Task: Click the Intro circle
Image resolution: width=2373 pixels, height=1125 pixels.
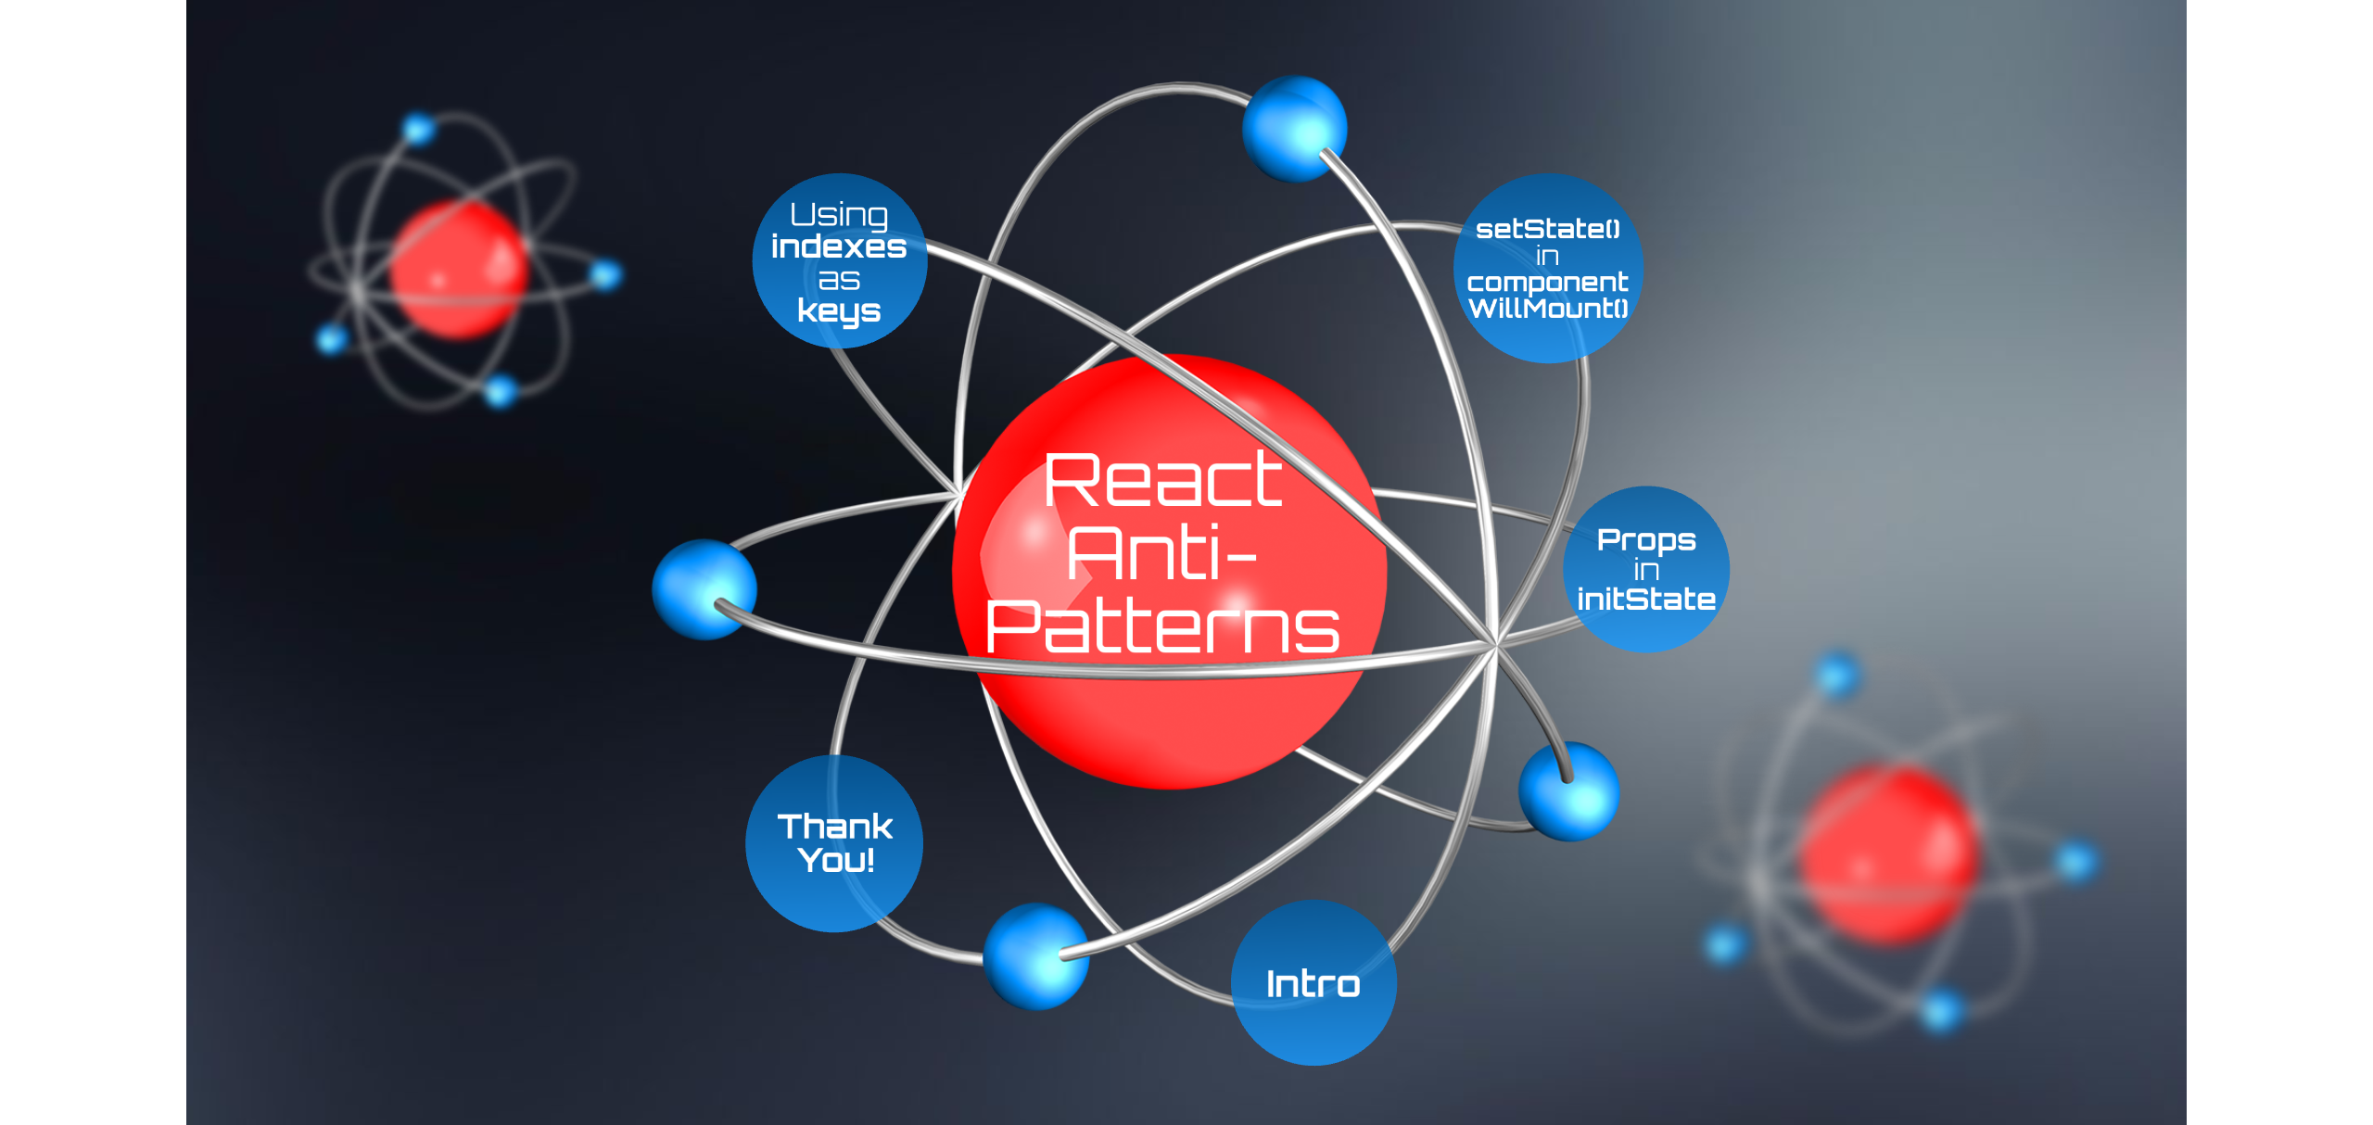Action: tap(1313, 983)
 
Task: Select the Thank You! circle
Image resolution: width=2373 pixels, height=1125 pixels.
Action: tap(834, 842)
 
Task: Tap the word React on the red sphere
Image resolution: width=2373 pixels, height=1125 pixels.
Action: tap(1163, 481)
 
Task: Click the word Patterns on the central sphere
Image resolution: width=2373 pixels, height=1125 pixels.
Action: tap(1162, 627)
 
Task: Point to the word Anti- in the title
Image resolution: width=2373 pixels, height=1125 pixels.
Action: tap(1161, 554)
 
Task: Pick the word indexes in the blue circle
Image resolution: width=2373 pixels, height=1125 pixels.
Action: tap(839, 247)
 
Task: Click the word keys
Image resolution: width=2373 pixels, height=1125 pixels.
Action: tap(839, 311)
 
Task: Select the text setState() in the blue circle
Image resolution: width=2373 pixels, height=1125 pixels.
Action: tap(1547, 229)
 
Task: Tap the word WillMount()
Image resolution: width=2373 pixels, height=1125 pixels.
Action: tap(1548, 309)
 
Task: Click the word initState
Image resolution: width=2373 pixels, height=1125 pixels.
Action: tap(1646, 600)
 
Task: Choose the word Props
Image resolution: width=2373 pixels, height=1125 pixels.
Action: tap(1646, 539)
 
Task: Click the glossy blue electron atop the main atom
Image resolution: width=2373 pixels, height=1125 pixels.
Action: tap(1294, 128)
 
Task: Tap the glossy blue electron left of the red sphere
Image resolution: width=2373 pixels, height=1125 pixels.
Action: tap(704, 589)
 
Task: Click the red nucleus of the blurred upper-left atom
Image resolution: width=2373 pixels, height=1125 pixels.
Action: tap(458, 270)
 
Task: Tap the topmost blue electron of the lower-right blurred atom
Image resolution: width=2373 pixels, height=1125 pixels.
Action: tap(1836, 674)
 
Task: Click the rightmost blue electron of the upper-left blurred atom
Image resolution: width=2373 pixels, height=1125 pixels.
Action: tap(605, 274)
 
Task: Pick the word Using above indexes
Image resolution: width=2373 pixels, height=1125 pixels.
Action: tap(839, 215)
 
